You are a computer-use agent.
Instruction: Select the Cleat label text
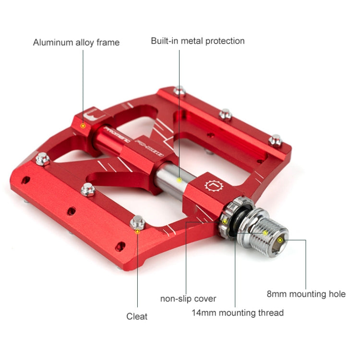tap(137, 316)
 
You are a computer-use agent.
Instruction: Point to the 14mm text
tap(204, 313)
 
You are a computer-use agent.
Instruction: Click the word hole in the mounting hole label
tap(336, 294)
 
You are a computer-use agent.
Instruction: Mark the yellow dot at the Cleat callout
tap(137, 231)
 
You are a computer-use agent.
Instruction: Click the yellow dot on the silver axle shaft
tap(180, 180)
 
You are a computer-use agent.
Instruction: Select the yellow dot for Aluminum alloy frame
tap(83, 125)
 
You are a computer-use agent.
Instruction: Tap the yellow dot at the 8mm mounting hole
tap(280, 239)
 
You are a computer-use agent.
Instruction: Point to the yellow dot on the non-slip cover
tap(224, 221)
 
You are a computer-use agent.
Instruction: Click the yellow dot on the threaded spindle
tap(264, 233)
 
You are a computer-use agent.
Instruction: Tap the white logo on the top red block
tap(90, 116)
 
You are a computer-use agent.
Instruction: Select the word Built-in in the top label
tap(166, 41)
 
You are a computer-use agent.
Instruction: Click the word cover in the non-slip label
tap(205, 299)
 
